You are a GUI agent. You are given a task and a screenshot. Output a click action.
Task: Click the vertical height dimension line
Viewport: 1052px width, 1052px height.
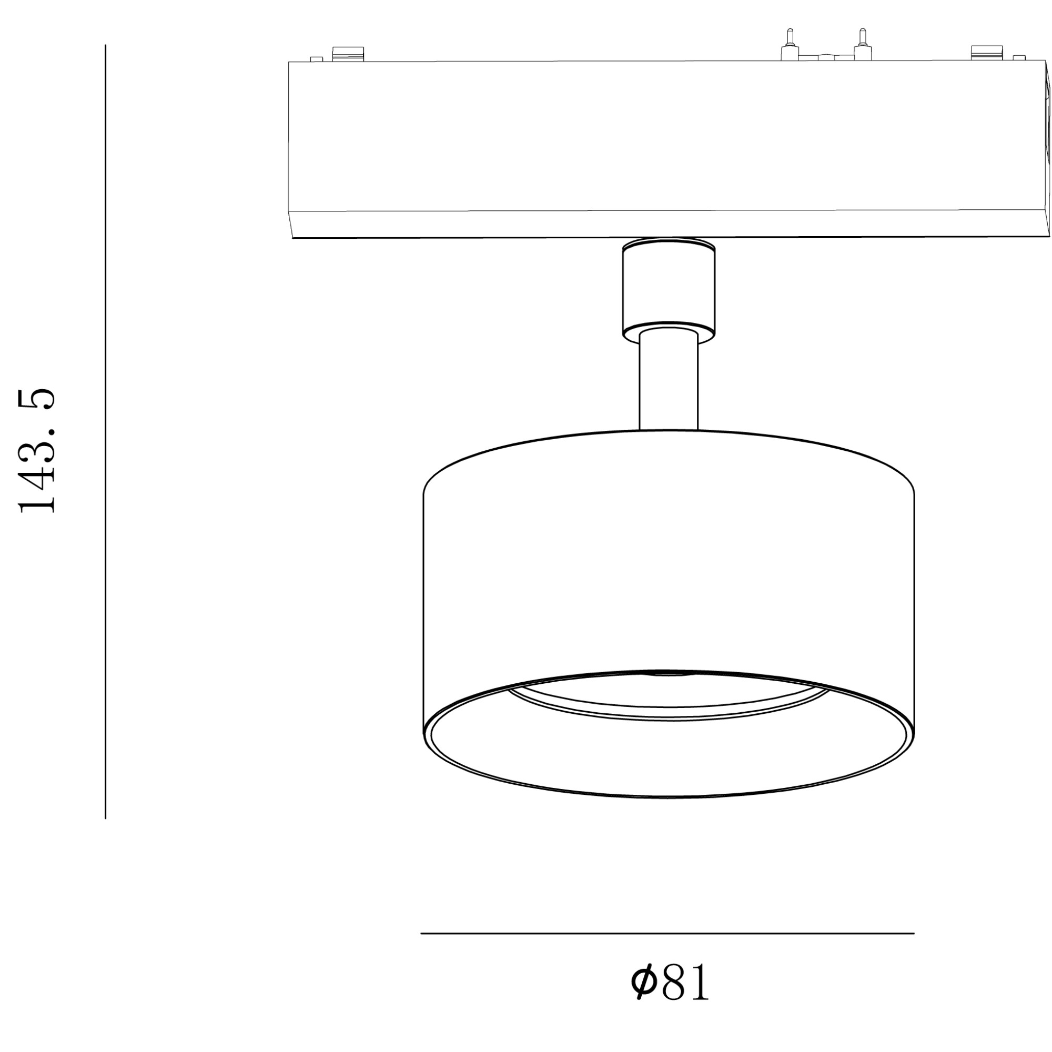[105, 436]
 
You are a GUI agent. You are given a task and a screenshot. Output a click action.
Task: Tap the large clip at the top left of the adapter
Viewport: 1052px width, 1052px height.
[348, 53]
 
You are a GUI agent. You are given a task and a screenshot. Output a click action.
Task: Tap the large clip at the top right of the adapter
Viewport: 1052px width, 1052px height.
[987, 53]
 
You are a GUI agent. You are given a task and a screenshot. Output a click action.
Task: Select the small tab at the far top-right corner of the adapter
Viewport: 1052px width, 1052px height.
[1018, 57]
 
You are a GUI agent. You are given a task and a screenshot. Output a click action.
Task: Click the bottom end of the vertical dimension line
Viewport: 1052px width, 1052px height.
[105, 816]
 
